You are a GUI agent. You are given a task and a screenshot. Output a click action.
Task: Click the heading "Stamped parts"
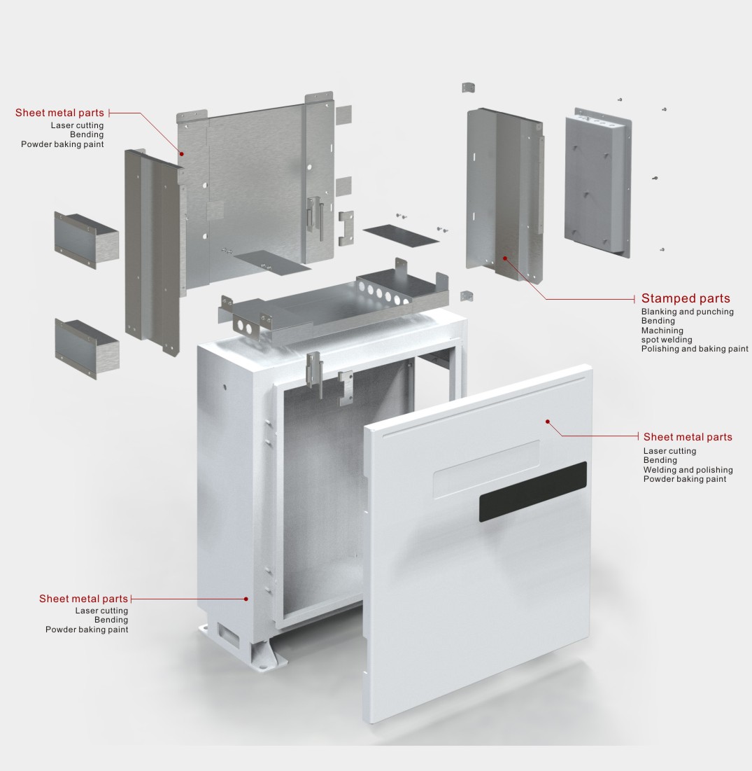[x=686, y=298]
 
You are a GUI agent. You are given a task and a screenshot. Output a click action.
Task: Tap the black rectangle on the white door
[x=533, y=492]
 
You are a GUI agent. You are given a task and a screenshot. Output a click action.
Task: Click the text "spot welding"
[x=667, y=339]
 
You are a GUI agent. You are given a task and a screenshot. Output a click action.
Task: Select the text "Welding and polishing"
[x=688, y=470]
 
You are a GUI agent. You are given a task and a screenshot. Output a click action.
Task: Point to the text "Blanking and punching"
[x=687, y=311]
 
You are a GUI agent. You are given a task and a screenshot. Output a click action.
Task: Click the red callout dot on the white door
[x=548, y=422]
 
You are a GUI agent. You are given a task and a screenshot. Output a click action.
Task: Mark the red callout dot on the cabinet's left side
[x=246, y=599]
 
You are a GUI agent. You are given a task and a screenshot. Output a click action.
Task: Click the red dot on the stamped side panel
[x=504, y=258]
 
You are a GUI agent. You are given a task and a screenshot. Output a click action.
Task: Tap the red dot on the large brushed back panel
[x=181, y=153]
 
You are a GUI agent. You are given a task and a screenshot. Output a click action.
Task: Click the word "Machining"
[x=662, y=331]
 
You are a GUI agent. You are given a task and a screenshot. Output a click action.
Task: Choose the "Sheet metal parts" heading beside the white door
[x=688, y=437]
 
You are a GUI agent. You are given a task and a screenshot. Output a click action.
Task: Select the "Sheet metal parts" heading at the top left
[x=59, y=113]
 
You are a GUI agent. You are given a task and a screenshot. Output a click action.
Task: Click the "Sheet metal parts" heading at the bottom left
[x=83, y=599]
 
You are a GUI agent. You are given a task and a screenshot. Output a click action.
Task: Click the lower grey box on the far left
[x=87, y=349]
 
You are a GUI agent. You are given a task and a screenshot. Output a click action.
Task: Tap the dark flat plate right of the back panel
[x=401, y=235]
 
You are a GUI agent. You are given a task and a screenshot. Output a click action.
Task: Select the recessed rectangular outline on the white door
[x=486, y=469]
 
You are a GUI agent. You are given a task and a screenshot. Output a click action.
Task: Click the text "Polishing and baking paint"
[x=695, y=349]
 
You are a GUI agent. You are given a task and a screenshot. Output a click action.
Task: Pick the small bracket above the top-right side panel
[x=468, y=88]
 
